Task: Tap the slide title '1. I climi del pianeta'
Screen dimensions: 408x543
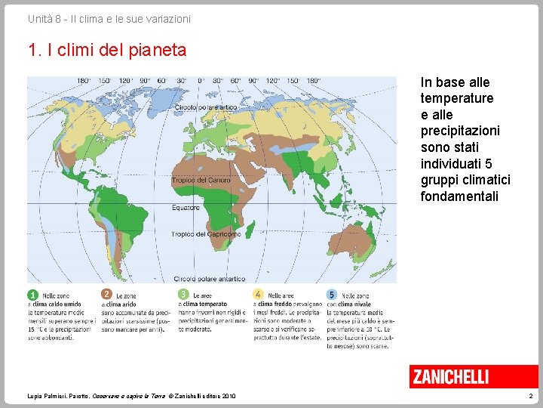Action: [106, 51]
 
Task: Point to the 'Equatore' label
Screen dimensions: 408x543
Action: [186, 207]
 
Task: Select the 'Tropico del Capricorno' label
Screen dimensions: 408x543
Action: [206, 234]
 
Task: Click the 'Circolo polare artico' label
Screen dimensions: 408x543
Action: [206, 108]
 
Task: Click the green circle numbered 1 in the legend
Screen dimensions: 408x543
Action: [32, 295]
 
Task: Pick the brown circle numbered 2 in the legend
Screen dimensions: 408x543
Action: [107, 295]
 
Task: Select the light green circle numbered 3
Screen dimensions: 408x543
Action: [183, 295]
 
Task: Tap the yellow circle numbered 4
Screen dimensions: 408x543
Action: [258, 295]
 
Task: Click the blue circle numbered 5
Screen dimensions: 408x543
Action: [332, 295]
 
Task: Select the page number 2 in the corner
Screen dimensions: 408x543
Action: [531, 396]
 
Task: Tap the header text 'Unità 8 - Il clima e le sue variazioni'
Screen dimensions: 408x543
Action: [109, 18]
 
